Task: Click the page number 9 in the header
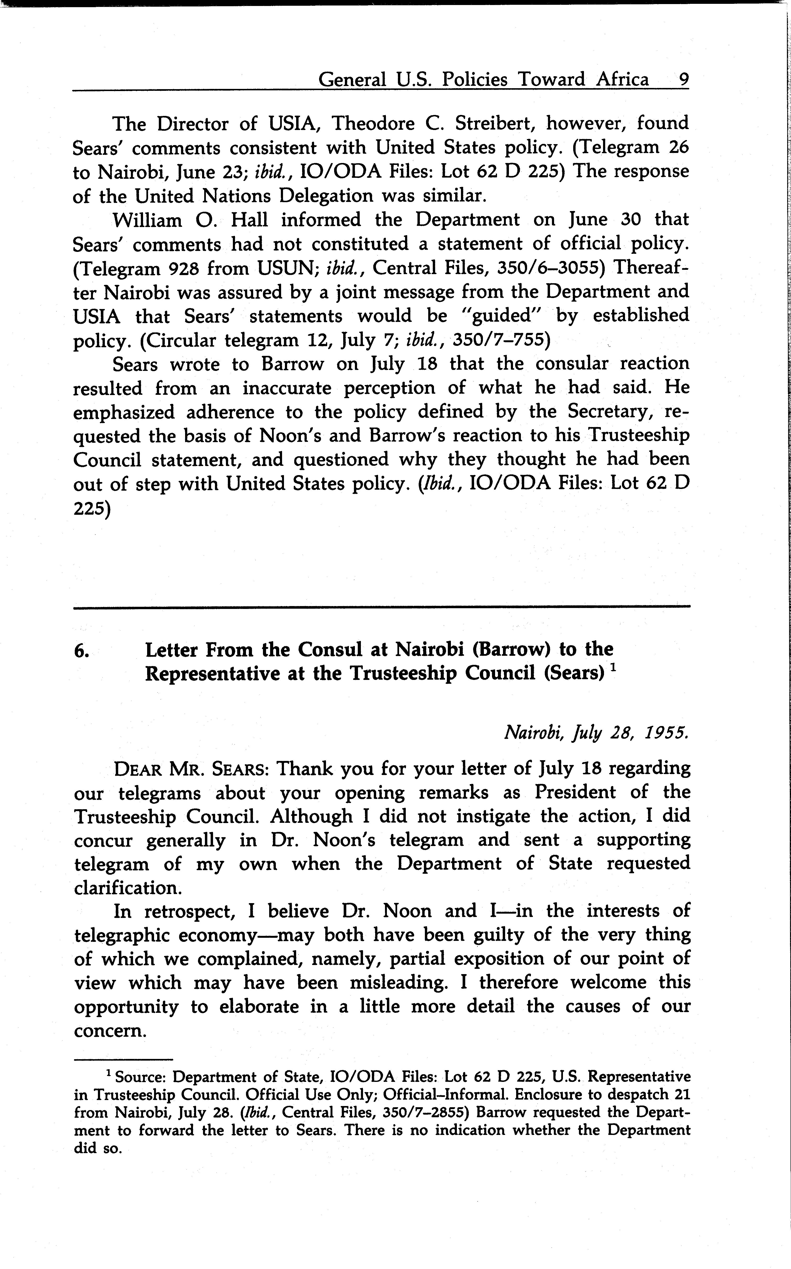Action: [x=683, y=80]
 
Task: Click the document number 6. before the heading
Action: [x=81, y=651]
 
